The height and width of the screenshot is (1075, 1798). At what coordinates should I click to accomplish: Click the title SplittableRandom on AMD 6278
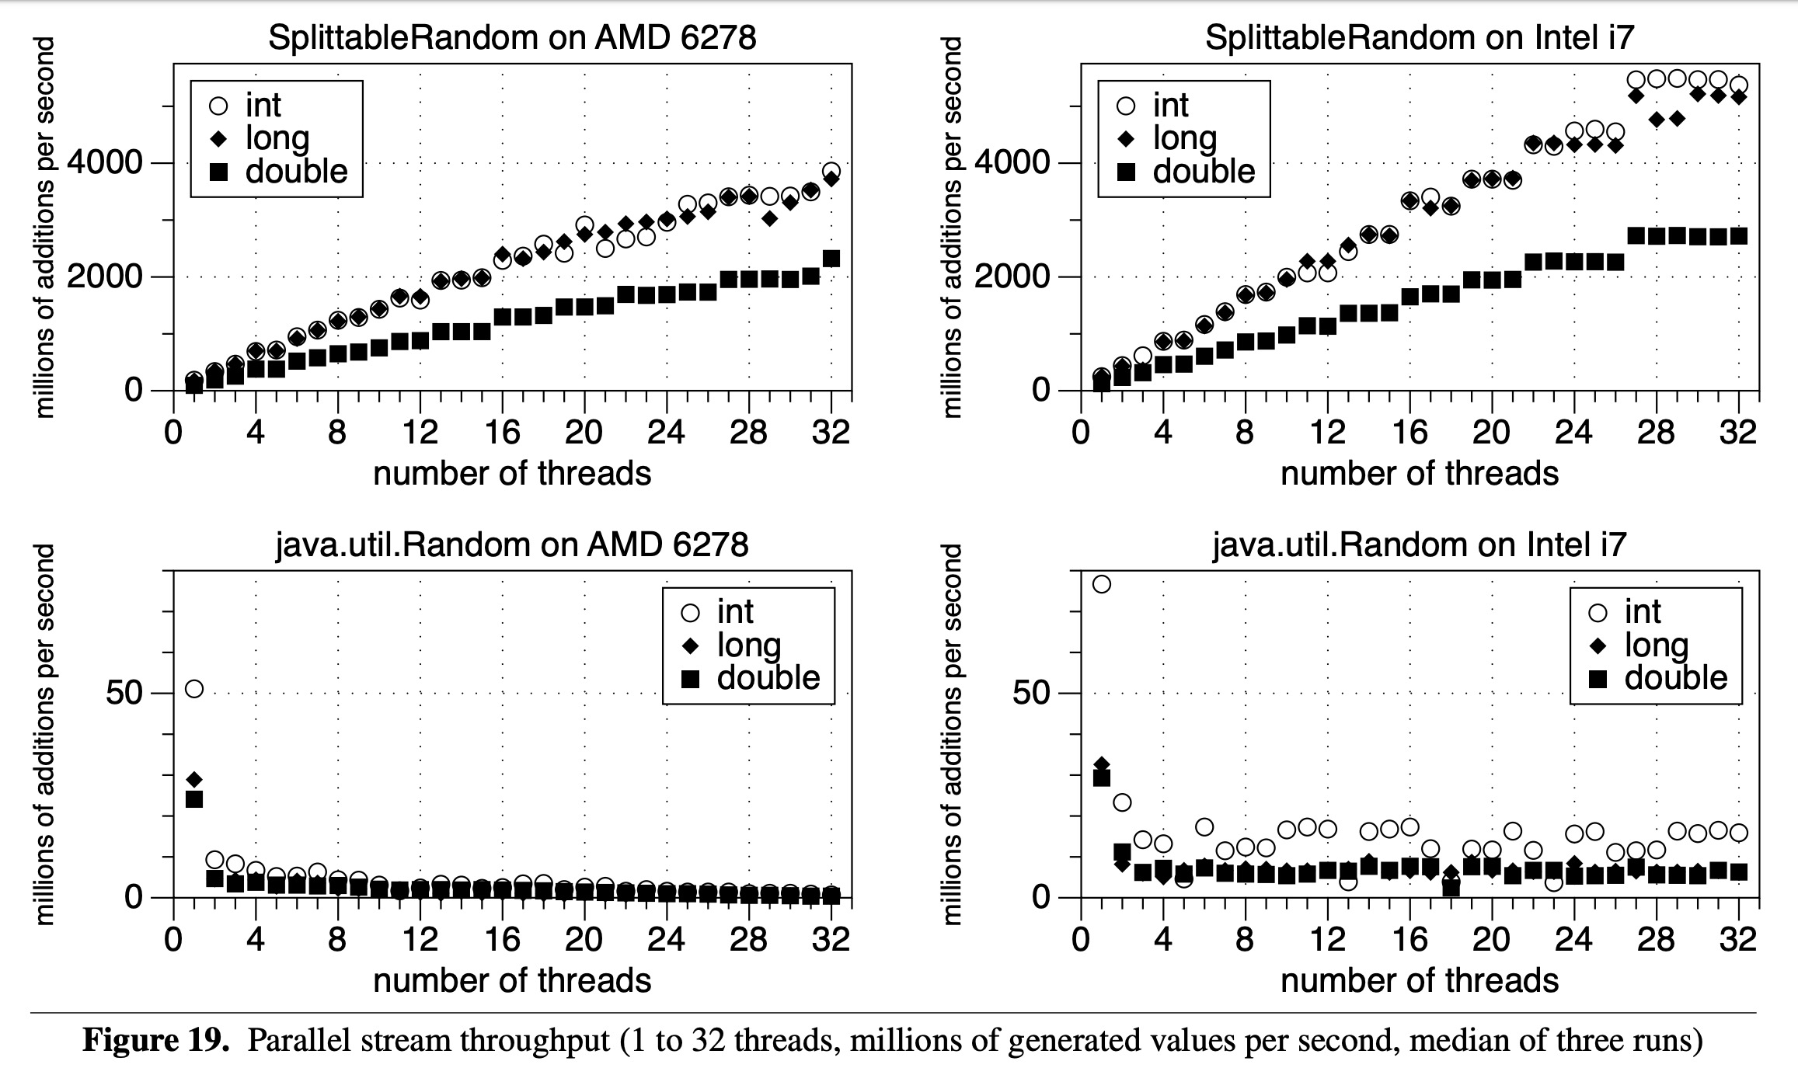512,37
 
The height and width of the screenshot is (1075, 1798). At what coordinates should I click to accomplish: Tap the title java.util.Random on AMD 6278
512,544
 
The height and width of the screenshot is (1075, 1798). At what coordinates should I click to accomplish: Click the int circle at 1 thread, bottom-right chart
1101,584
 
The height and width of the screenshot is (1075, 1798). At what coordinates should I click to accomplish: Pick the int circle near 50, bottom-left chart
194,689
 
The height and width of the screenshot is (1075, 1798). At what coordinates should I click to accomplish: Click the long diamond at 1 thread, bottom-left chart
194,779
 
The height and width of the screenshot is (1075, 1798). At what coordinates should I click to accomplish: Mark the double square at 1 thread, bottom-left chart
194,798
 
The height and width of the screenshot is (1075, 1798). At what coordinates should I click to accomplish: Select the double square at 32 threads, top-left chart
831,259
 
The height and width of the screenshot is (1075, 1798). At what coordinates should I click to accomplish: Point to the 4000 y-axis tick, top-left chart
116,163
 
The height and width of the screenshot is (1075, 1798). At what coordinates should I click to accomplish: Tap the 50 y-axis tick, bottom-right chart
1033,692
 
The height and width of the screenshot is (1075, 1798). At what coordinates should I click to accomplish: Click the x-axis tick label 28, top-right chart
1656,433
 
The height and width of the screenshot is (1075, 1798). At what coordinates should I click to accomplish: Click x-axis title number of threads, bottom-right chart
1419,981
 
